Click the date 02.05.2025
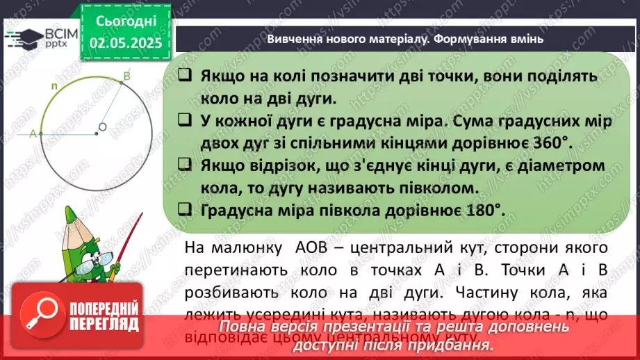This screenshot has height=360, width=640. tap(125, 43)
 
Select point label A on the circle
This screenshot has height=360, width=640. tap(33, 135)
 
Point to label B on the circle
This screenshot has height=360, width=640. tap(126, 75)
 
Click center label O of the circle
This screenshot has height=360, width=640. tap(102, 127)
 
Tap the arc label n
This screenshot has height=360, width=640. tap(55, 86)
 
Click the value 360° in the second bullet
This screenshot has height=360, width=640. tap(547, 142)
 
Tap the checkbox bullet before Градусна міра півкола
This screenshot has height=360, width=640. tap(185, 208)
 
